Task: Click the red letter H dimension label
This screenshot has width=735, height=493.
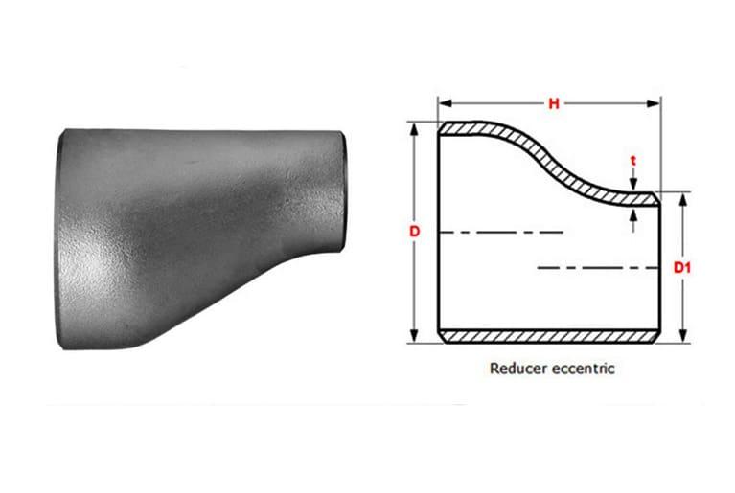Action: [553, 104]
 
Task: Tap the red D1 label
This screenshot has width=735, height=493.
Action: [682, 267]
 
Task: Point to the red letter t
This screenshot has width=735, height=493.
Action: [634, 164]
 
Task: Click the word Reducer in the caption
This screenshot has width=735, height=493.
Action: [517, 367]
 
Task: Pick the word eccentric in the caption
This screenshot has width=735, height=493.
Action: [582, 367]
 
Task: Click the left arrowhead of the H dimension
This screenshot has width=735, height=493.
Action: [444, 104]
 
